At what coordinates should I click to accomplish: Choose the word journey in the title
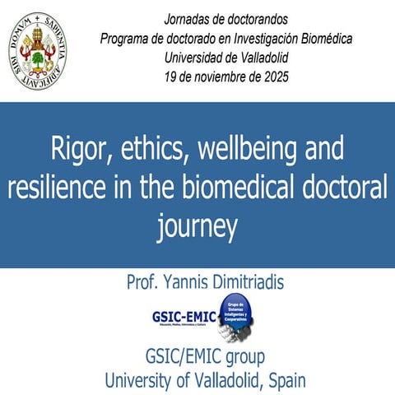tap(197, 224)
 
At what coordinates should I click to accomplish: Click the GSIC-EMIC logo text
tap(184, 316)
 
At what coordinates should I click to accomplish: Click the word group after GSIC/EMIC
tap(245, 359)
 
